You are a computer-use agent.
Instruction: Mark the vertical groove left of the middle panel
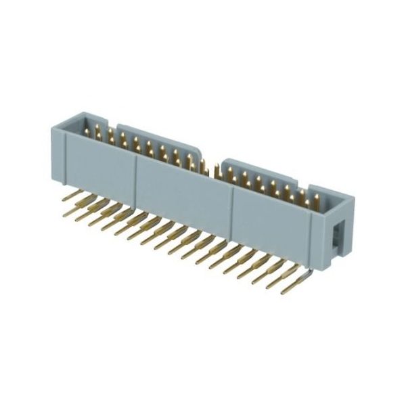tap(137, 173)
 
